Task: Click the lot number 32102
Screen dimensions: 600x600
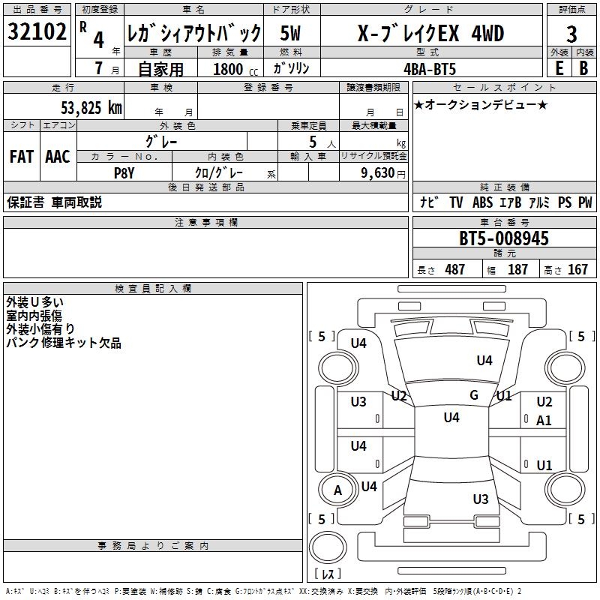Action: click(37, 32)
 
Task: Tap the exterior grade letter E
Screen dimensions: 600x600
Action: click(559, 67)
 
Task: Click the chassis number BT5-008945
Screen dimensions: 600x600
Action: click(504, 239)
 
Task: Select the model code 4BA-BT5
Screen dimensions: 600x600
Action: click(428, 68)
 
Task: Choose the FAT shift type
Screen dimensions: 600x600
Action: click(21, 157)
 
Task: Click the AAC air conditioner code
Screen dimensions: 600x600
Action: click(58, 157)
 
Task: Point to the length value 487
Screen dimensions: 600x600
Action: click(454, 269)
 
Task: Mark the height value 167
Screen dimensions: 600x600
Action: click(577, 269)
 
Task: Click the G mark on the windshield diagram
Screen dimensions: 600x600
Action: click(474, 395)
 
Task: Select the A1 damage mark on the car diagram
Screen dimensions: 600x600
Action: click(544, 421)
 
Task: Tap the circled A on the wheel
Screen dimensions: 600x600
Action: click(337, 490)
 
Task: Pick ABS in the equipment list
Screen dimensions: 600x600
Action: click(482, 202)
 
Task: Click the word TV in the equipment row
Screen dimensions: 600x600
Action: click(456, 202)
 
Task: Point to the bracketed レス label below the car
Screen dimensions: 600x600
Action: click(328, 574)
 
